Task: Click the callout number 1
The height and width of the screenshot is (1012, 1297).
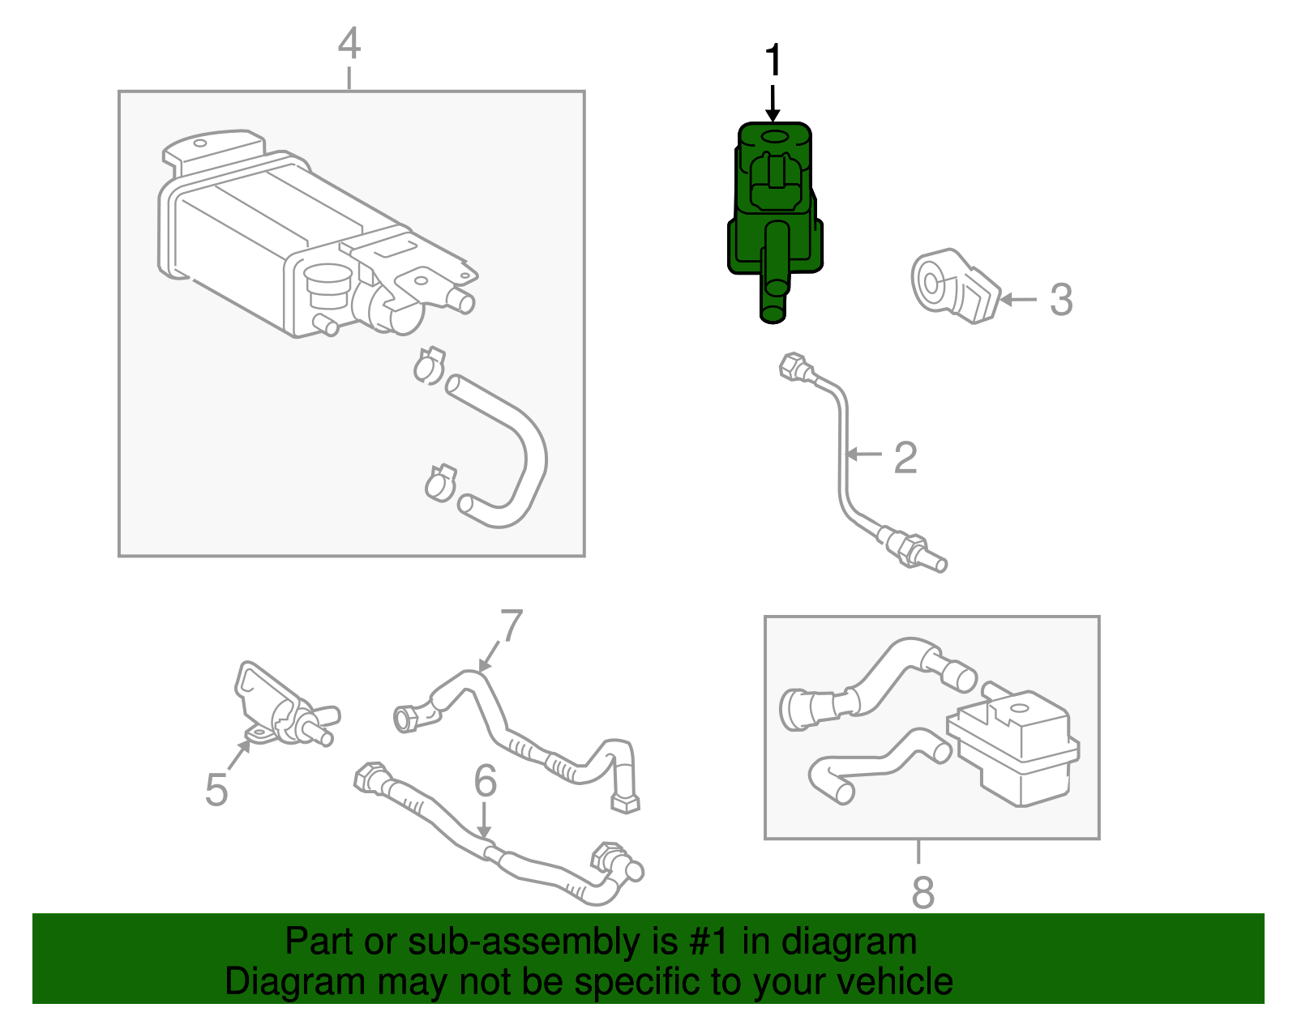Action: (774, 61)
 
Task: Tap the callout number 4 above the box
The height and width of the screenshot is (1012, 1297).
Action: (349, 43)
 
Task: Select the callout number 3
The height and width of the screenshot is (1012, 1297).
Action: (1061, 300)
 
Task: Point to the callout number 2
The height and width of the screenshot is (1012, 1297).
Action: (905, 458)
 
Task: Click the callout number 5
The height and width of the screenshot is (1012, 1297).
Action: (216, 789)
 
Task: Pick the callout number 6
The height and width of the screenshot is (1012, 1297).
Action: (485, 781)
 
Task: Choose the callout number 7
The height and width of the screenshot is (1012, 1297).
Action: (512, 626)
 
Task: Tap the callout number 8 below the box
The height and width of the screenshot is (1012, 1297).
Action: (922, 892)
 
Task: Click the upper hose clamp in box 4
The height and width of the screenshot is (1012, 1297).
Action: (430, 365)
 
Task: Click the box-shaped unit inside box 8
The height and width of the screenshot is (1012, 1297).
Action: (1017, 745)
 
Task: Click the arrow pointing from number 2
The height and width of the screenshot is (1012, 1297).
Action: (864, 455)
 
